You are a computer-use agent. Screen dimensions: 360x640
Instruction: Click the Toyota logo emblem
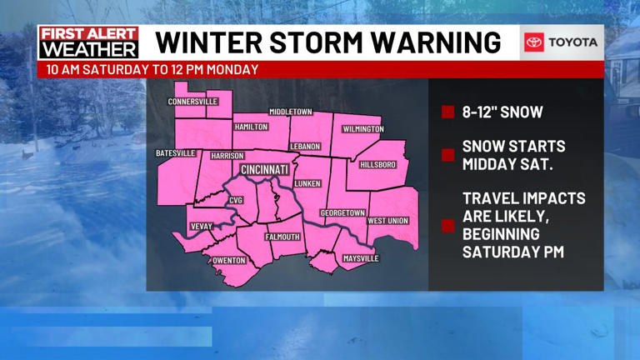pyautogui.click(x=534, y=42)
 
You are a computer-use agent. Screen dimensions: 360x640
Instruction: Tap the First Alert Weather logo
pyautogui.click(x=88, y=42)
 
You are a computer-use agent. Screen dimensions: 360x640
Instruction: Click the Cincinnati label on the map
pyautogui.click(x=264, y=170)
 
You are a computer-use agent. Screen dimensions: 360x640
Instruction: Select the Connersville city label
pyautogui.click(x=192, y=102)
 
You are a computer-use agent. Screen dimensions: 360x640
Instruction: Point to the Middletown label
pyautogui.click(x=290, y=112)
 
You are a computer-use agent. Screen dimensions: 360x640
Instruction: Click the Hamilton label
pyautogui.click(x=250, y=127)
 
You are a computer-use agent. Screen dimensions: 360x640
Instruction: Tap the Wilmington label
pyautogui.click(x=362, y=129)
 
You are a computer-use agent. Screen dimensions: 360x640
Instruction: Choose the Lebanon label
pyautogui.click(x=305, y=147)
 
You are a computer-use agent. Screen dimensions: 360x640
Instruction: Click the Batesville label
pyautogui.click(x=176, y=153)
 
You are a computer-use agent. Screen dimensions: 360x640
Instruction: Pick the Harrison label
pyautogui.click(x=227, y=156)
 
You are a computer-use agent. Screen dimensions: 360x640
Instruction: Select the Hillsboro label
pyautogui.click(x=377, y=165)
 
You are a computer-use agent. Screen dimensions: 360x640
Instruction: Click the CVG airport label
pyautogui.click(x=236, y=201)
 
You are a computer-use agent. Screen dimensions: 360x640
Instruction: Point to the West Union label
pyautogui.click(x=388, y=221)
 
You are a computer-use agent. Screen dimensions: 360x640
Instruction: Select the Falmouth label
pyautogui.click(x=282, y=237)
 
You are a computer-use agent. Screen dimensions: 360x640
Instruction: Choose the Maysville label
pyautogui.click(x=361, y=259)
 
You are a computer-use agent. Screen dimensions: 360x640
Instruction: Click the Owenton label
pyautogui.click(x=229, y=261)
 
